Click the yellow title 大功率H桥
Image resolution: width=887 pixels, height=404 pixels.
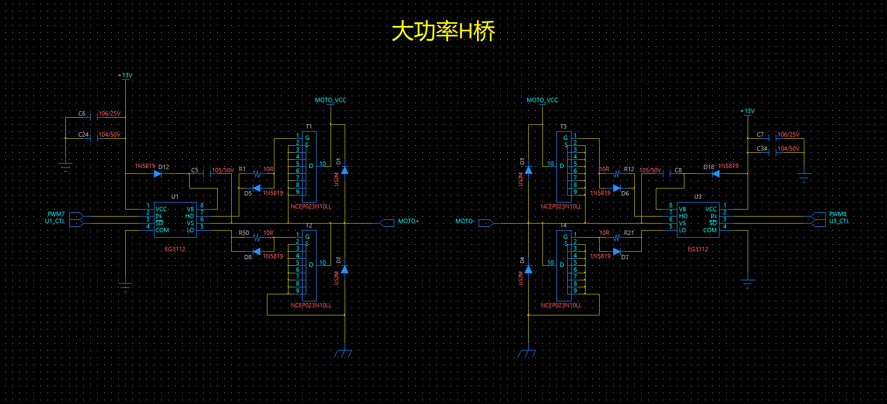point(443,31)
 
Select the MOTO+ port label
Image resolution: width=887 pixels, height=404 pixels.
point(408,221)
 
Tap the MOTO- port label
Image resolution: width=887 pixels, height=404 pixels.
point(465,221)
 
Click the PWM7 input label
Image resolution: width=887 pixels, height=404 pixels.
point(56,214)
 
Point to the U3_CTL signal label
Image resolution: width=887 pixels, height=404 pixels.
point(839,221)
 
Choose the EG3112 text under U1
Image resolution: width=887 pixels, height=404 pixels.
point(175,250)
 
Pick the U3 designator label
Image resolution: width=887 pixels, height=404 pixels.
point(698,197)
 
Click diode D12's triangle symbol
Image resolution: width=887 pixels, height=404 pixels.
point(158,174)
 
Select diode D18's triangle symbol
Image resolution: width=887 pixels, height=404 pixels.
point(716,174)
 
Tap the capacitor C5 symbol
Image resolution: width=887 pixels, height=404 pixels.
point(206,174)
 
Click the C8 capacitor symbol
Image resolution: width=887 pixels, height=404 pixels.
point(673,174)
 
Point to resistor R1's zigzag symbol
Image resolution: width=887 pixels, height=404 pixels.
point(257,174)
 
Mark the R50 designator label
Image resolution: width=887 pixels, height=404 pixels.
point(244,233)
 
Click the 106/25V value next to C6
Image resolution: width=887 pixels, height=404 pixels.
point(110,114)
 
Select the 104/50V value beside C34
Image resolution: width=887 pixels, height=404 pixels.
point(788,149)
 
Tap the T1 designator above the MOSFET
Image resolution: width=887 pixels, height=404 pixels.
point(309,127)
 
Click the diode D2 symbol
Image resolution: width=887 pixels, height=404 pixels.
point(345,269)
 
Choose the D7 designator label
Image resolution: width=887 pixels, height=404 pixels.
point(625,257)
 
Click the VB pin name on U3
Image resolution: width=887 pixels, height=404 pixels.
point(682,209)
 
